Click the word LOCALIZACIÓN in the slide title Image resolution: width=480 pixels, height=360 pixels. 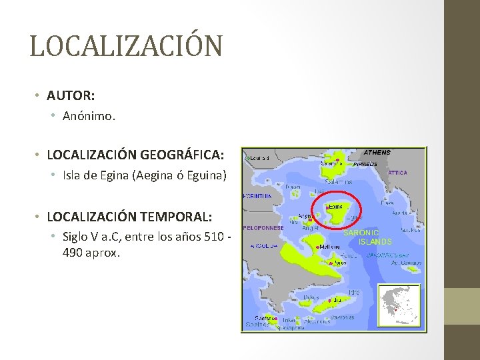click(x=126, y=45)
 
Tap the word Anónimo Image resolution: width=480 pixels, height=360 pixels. click(x=89, y=116)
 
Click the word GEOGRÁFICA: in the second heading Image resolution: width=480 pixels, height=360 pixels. click(x=182, y=155)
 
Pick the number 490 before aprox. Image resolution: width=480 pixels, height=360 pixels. click(x=73, y=253)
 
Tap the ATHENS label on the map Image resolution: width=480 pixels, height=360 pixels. click(x=377, y=153)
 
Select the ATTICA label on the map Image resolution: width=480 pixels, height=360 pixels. click(x=397, y=173)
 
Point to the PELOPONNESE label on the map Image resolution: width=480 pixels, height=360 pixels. click(x=264, y=227)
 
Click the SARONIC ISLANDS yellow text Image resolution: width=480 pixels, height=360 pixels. click(x=367, y=237)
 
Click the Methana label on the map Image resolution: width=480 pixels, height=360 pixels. click(x=331, y=247)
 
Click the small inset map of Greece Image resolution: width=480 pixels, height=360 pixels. click(x=399, y=305)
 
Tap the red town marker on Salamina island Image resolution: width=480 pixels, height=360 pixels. click(x=338, y=160)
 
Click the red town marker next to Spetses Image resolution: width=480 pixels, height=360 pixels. click(x=273, y=319)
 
